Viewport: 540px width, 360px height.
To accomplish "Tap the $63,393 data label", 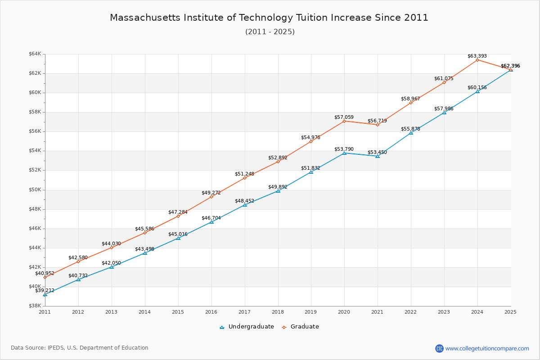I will (477, 56).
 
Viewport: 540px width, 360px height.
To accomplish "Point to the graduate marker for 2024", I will (477, 60).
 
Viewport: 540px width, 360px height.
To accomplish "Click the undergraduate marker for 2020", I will (344, 153).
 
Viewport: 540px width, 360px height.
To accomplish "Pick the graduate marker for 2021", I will (378, 125).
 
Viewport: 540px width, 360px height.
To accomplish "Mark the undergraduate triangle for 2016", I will (211, 222).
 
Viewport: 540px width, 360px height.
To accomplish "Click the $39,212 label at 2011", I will (45, 291).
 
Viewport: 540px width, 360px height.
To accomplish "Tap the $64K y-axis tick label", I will (35, 54).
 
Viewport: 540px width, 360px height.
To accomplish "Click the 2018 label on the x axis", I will (278, 311).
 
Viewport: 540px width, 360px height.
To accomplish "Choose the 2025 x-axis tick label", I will (510, 311).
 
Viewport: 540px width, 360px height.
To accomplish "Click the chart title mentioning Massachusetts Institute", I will (269, 18).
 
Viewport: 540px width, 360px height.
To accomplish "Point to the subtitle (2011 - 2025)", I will (270, 31).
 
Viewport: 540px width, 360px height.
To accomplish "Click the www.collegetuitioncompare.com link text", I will (487, 348).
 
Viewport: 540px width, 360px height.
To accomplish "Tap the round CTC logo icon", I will (439, 348).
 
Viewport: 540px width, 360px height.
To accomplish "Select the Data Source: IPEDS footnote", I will (80, 348).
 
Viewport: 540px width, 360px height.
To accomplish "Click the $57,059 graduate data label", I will (344, 117).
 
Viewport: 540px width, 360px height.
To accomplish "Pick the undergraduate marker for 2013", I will (112, 267).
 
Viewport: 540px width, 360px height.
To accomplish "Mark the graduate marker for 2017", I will (245, 178).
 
